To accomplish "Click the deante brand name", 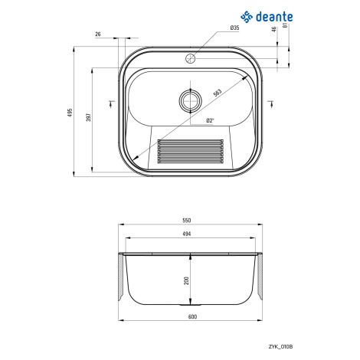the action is [x=274, y=17].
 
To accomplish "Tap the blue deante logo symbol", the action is [x=247, y=17].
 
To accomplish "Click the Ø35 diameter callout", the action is [x=234, y=28].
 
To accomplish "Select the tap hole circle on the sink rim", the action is [x=190, y=59].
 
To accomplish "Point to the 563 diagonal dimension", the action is [x=218, y=93].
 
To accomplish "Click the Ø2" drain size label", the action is [x=210, y=120].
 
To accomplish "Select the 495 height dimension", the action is [x=70, y=113].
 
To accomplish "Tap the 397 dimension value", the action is [x=88, y=117].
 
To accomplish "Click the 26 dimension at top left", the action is [x=98, y=34].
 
